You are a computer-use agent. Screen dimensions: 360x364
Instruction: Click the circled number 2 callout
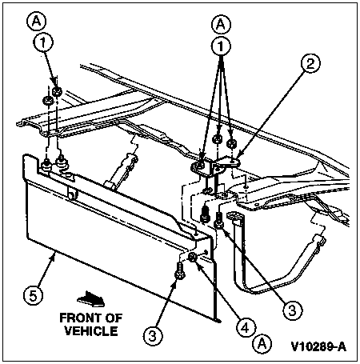[310, 63]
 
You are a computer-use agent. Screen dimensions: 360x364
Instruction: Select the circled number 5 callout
[33, 295]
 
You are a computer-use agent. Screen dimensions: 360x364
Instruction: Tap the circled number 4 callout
[246, 327]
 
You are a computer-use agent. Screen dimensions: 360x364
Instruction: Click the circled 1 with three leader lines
[221, 46]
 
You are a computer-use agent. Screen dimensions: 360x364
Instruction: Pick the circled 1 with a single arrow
[43, 42]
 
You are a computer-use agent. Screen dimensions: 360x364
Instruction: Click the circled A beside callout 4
[262, 343]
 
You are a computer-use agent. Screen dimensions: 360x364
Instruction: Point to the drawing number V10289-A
[319, 346]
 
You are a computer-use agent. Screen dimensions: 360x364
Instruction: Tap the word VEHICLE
[91, 331]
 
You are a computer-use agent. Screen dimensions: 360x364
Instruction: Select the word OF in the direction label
[114, 318]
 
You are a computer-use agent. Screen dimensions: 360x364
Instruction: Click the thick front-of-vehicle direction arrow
[91, 298]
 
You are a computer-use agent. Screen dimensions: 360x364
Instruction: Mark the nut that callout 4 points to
[193, 258]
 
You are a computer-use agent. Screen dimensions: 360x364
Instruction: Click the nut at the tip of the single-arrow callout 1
[57, 92]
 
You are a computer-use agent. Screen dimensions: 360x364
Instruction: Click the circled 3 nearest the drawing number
[293, 310]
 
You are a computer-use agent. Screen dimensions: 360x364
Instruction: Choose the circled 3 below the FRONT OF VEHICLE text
[152, 336]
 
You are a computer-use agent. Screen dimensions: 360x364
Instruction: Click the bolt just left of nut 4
[179, 271]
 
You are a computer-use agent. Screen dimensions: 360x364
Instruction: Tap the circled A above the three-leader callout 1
[221, 25]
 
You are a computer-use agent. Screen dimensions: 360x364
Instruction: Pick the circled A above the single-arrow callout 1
[37, 21]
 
